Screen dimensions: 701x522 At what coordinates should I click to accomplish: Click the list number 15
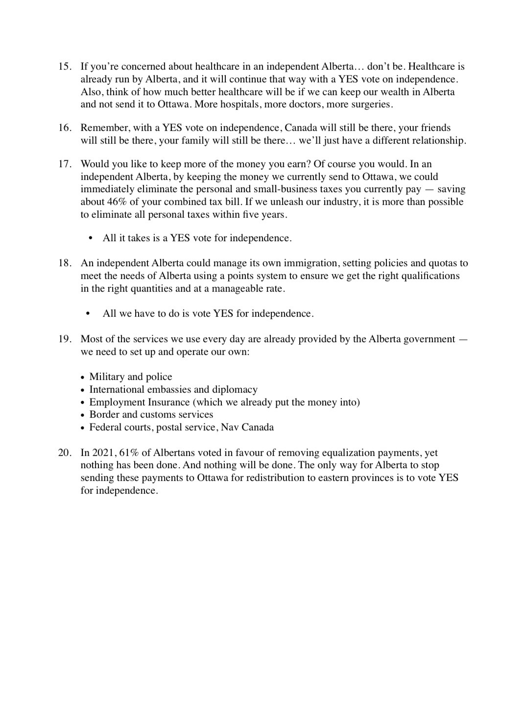click(x=65, y=67)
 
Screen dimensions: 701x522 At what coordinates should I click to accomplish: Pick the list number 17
click(x=65, y=164)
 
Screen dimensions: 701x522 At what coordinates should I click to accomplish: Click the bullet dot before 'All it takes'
click(x=90, y=238)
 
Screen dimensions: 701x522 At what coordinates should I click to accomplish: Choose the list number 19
click(x=65, y=339)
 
